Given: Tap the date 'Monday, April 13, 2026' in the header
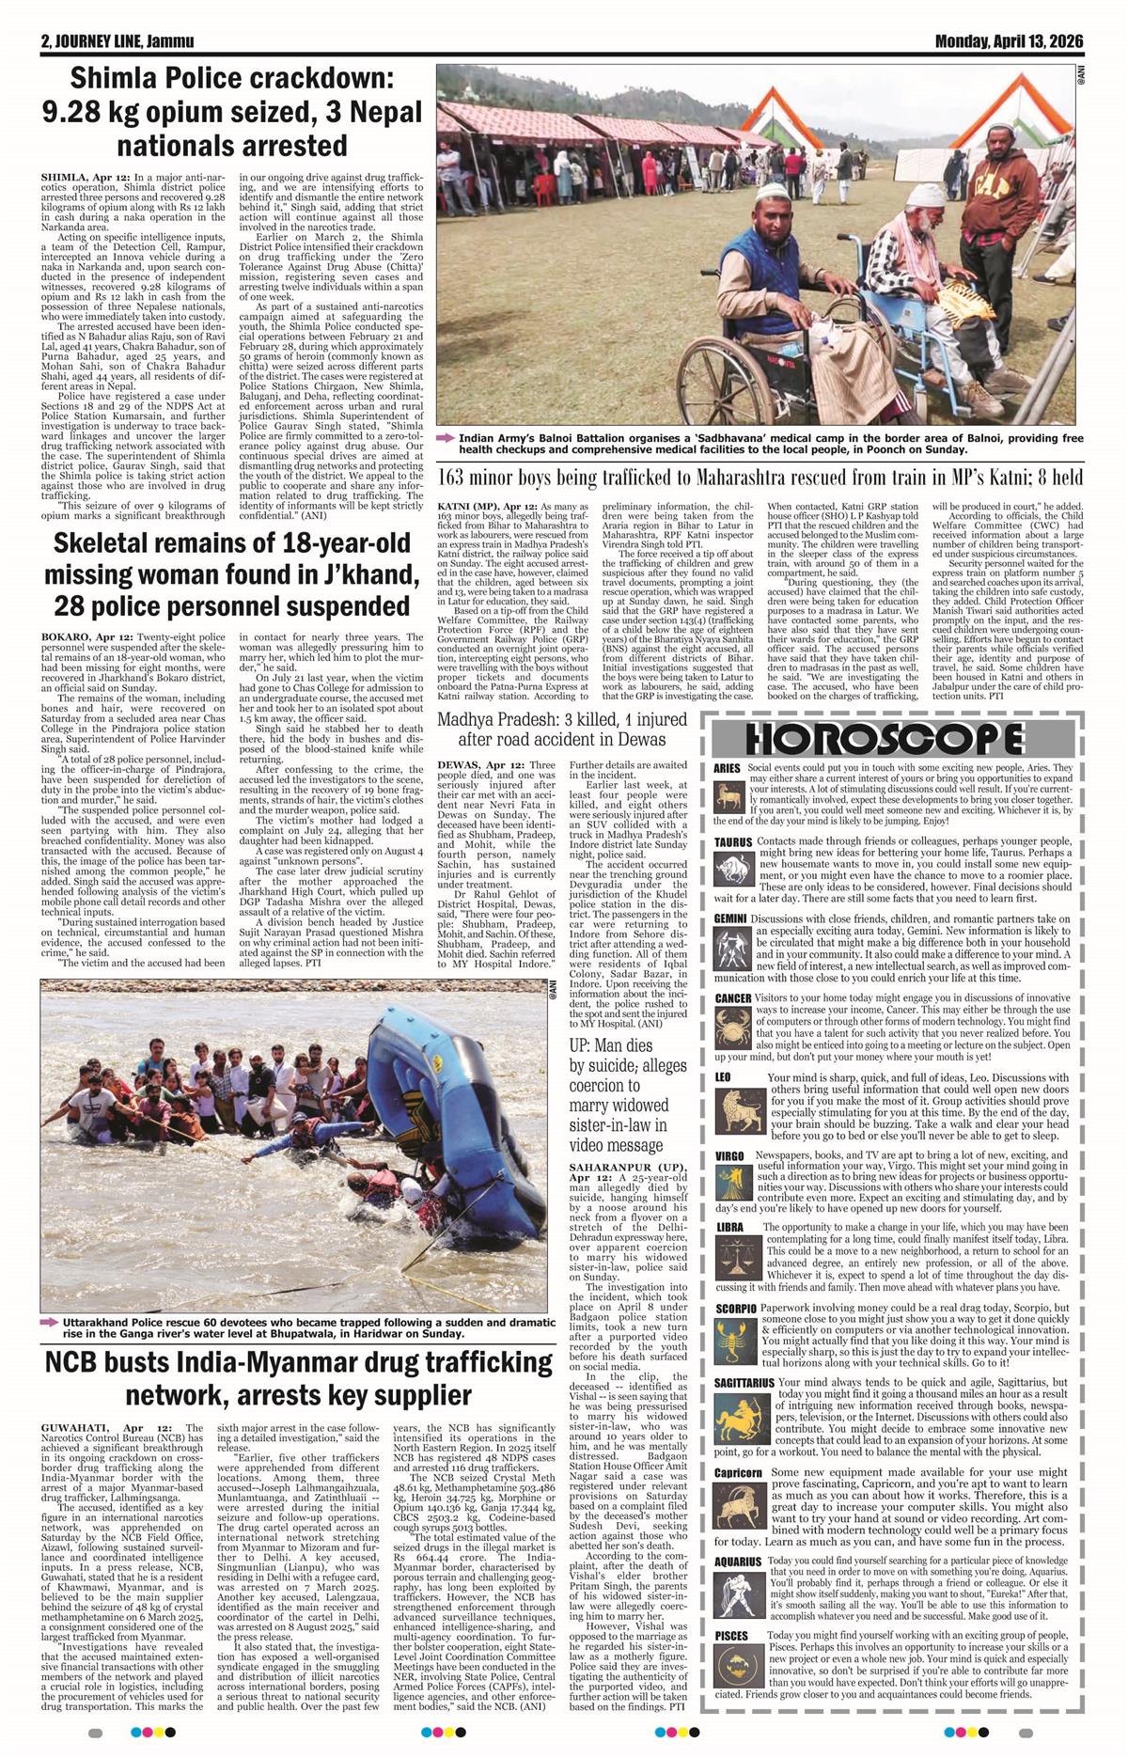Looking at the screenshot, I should [1009, 41].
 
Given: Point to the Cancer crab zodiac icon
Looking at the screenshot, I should [733, 1026].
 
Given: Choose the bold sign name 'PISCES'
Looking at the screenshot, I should [731, 1636].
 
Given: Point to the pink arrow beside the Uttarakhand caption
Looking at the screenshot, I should [48, 1323].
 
